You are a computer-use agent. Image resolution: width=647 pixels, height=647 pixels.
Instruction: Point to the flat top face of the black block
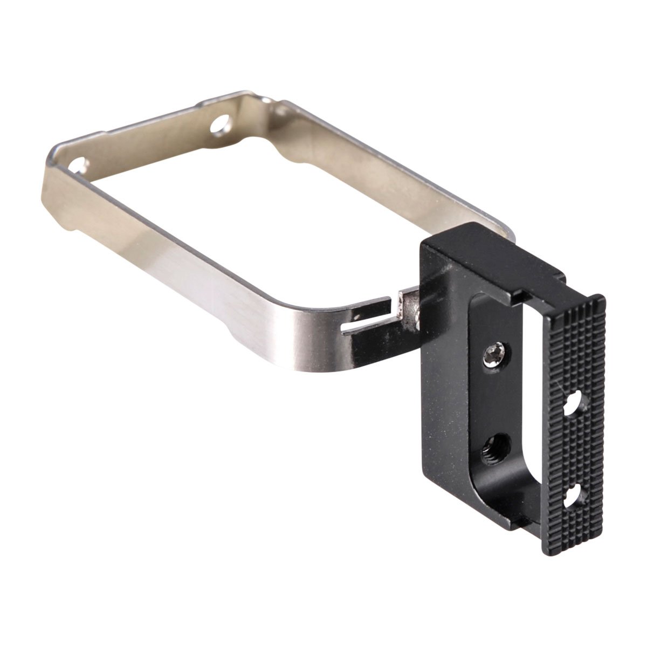tap(485, 264)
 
